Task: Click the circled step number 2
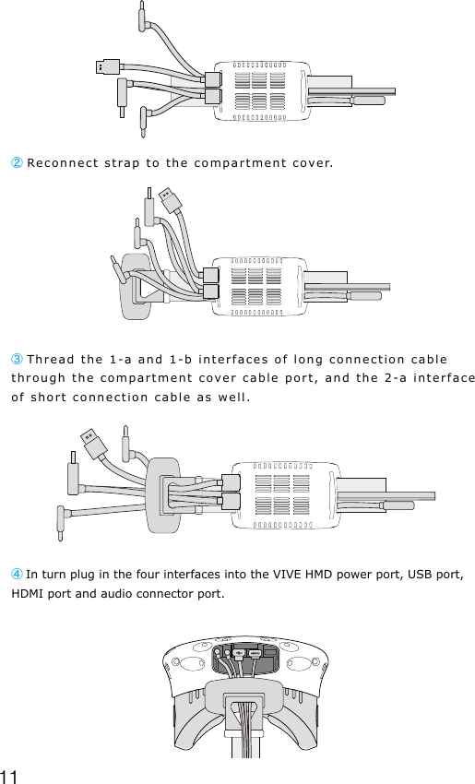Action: pyautogui.click(x=18, y=163)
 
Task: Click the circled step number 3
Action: pyautogui.click(x=18, y=359)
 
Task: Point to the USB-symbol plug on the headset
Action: pyautogui.click(x=239, y=654)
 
